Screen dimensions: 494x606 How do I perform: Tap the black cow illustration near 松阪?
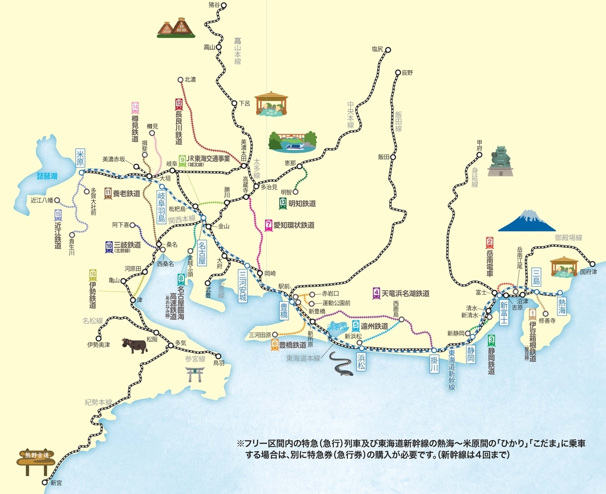133,345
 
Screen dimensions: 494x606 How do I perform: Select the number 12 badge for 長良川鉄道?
179,104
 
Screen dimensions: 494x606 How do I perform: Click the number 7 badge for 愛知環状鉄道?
268,225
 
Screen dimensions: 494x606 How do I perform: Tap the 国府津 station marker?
593,263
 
